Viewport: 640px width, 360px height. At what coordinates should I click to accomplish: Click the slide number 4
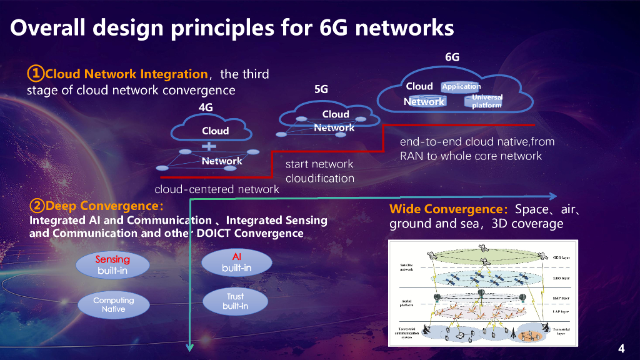[x=621, y=348]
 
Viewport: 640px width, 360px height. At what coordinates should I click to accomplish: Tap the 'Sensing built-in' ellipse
[x=113, y=265]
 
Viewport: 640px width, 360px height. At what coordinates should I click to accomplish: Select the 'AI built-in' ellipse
[x=236, y=262]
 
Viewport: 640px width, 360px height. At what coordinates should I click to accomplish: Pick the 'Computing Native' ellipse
[x=113, y=304]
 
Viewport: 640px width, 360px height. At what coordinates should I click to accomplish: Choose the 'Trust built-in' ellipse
[x=236, y=301]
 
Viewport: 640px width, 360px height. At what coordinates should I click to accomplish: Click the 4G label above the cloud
[x=206, y=107]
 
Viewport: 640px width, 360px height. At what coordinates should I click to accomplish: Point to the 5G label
[x=321, y=89]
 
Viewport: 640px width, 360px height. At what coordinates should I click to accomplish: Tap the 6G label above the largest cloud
[x=452, y=57]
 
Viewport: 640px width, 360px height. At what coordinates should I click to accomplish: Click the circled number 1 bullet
[x=36, y=74]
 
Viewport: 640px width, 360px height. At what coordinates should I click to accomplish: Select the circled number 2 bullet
[x=37, y=206]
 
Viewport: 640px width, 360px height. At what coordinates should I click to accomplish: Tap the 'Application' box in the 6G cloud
[x=461, y=86]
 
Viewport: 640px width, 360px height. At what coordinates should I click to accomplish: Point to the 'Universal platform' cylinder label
[x=487, y=101]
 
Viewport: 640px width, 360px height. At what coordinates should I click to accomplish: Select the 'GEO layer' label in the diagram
[x=561, y=257]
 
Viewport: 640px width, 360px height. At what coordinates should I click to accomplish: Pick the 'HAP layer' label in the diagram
[x=561, y=299]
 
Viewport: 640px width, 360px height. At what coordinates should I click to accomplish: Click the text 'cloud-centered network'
[x=217, y=189]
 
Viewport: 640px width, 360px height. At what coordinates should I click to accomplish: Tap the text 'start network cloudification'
[x=319, y=171]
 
